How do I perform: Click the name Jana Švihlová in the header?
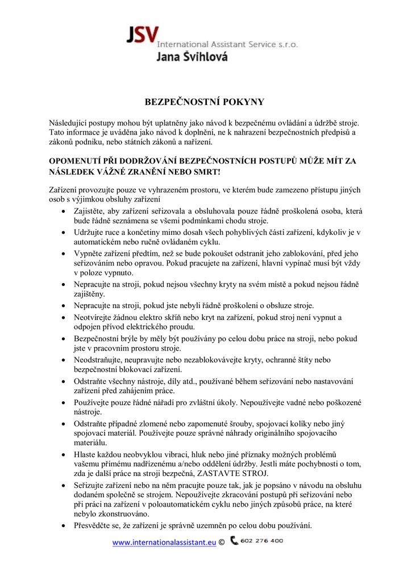191,56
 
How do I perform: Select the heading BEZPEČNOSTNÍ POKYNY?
205,102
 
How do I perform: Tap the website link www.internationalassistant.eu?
164,542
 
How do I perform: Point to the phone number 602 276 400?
262,541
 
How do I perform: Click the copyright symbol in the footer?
222,542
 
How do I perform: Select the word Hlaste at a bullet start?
85,454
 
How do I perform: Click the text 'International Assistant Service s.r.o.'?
227,44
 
